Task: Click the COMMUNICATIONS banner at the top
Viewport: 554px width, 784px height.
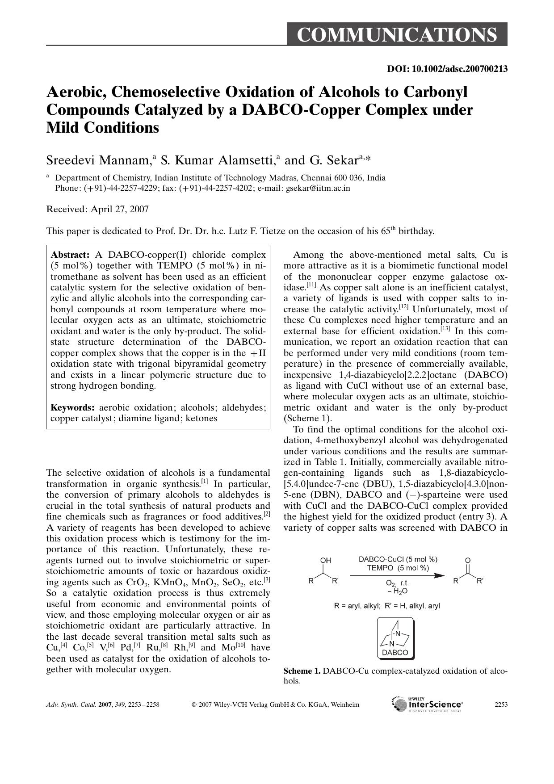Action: (x=397, y=35)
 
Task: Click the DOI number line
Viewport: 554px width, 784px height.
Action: (x=447, y=69)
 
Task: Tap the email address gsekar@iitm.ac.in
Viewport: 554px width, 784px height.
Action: (x=318, y=188)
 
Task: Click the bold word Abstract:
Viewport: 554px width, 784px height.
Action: (x=70, y=255)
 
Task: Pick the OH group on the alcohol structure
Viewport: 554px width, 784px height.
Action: (x=326, y=560)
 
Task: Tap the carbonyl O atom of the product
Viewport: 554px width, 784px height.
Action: (x=468, y=560)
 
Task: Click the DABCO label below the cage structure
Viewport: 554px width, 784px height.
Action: (x=395, y=652)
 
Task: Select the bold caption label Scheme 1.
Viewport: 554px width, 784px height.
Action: (x=302, y=671)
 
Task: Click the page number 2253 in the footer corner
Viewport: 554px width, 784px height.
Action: (x=501, y=705)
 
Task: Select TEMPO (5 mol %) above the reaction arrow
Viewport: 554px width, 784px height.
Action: (x=398, y=568)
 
